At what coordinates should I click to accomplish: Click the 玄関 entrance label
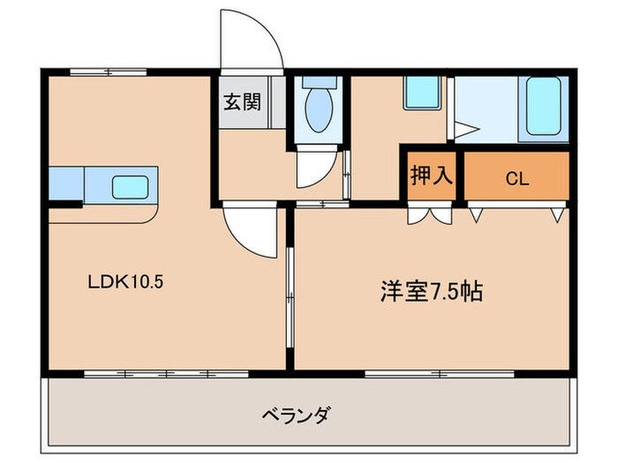241,101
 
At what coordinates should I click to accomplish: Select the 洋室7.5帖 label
432,292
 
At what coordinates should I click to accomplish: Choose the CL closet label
516,179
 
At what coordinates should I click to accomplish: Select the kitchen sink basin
130,186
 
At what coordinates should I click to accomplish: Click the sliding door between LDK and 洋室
290,300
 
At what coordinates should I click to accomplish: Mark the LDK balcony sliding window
164,374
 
